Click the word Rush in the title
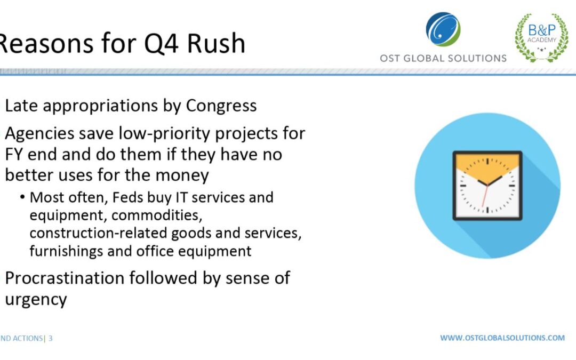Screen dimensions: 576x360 click(x=216, y=43)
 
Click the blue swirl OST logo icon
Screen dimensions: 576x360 click(x=443, y=29)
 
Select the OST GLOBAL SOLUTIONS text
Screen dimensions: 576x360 click(x=443, y=59)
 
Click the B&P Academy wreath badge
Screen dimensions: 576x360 click(x=541, y=37)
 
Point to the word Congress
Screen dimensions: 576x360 click(x=221, y=106)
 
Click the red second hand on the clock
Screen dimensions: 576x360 click(x=485, y=196)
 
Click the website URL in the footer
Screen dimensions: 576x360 click(x=502, y=338)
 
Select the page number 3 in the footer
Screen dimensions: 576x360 click(x=50, y=338)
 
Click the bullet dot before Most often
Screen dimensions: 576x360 click(x=23, y=198)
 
